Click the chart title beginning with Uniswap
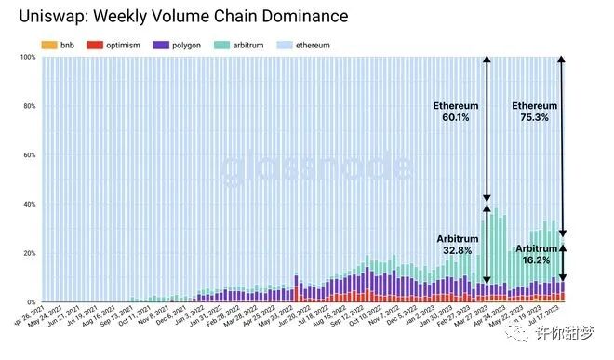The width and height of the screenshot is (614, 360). [x=177, y=17]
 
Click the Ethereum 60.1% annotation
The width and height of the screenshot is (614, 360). [x=457, y=112]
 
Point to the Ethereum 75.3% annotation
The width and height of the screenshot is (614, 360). [x=535, y=112]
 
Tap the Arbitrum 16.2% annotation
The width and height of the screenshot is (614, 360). [x=537, y=254]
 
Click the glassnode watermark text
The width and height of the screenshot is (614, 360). [x=316, y=167]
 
